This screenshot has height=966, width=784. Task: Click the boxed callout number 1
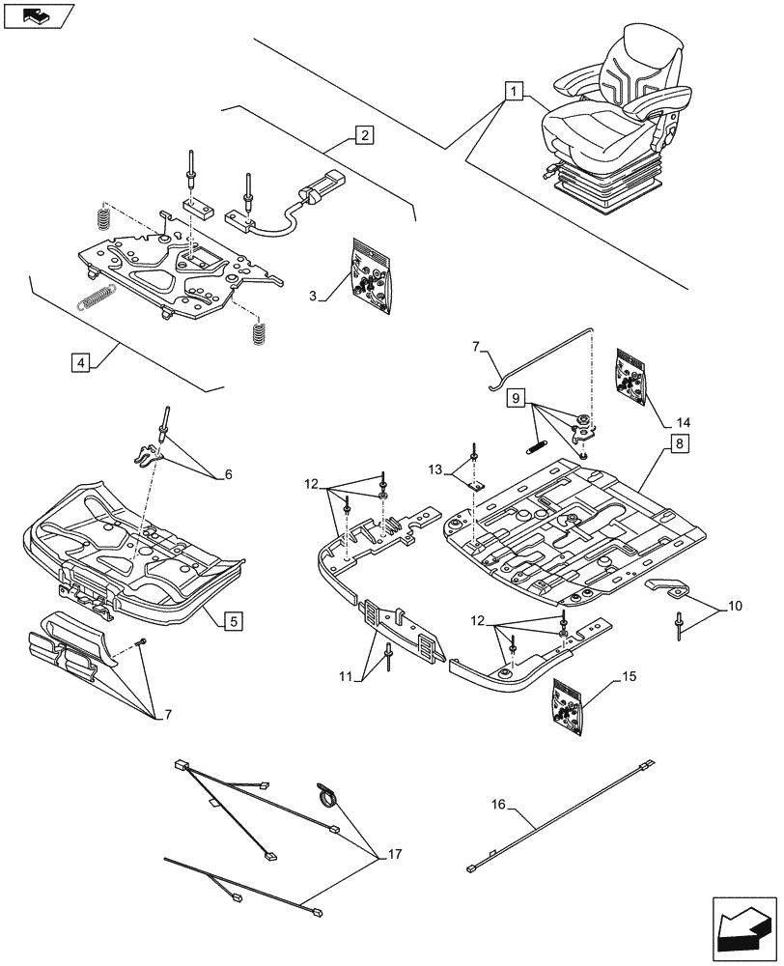515,92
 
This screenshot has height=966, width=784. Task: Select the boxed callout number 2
365,135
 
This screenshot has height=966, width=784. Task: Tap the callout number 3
314,297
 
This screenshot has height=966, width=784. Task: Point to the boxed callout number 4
80,362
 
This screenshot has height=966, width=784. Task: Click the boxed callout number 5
234,620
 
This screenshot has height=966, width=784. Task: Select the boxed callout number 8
679,443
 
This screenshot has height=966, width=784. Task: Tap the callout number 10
735,607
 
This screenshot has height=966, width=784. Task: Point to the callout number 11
346,677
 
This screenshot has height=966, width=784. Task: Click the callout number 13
435,470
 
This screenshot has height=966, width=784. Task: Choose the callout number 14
683,423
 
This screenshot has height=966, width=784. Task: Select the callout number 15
629,676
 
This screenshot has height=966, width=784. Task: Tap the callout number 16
498,804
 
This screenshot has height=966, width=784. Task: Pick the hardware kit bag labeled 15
567,707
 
